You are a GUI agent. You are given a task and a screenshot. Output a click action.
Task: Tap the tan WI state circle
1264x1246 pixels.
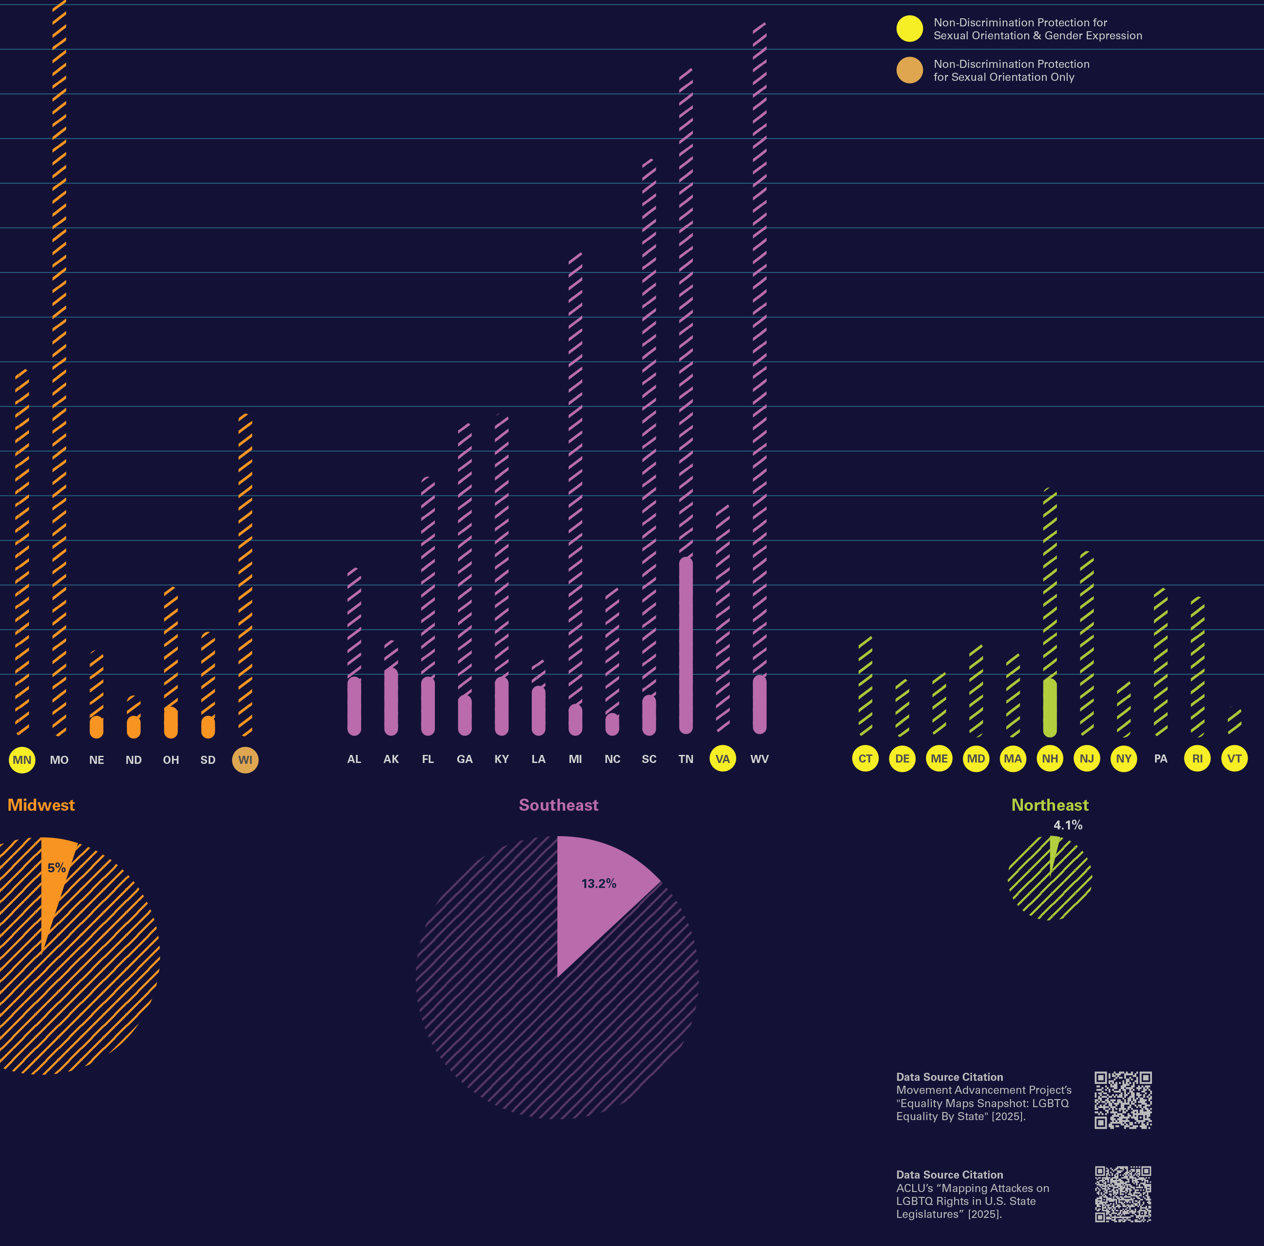(x=245, y=759)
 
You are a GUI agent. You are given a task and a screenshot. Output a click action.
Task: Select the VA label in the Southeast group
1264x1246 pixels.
(x=722, y=759)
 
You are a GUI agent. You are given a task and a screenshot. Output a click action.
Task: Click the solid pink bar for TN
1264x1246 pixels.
(x=686, y=644)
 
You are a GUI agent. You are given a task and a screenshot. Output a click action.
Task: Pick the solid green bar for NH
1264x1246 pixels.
(x=1049, y=708)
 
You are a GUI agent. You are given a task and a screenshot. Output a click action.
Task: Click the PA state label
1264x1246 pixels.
(x=1160, y=759)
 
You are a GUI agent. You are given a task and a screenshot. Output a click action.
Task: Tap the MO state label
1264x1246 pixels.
(x=59, y=759)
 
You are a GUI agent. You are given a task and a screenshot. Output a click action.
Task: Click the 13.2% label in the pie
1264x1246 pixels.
(x=599, y=883)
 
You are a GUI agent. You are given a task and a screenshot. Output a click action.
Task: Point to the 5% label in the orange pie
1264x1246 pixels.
(x=56, y=868)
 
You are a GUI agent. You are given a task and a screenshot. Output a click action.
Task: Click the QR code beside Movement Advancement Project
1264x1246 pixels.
(x=1122, y=1100)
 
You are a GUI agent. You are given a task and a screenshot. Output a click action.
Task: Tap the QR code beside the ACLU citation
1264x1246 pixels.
(x=1122, y=1194)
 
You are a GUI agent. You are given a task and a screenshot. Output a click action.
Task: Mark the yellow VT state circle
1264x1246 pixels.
(x=1234, y=759)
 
